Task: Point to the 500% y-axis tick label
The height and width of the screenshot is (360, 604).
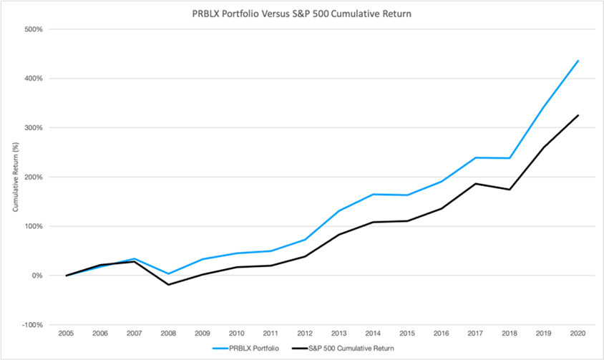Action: coord(34,29)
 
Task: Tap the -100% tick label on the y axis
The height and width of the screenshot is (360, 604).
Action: coord(32,325)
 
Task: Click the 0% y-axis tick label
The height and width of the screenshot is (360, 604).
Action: coord(37,276)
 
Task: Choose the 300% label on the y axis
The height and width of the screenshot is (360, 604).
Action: coord(34,128)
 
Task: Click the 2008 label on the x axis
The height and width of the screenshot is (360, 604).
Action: coord(168,334)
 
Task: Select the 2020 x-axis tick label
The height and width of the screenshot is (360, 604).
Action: coord(578,334)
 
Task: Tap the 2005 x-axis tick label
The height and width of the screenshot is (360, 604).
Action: coord(66,334)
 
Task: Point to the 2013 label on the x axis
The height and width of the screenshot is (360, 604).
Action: coord(339,334)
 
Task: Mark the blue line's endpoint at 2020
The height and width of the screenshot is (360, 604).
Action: coord(578,61)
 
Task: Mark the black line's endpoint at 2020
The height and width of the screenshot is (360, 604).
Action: coord(578,115)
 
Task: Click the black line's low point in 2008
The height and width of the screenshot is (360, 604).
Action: coord(168,285)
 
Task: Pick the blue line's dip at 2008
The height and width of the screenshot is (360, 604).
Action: coord(168,273)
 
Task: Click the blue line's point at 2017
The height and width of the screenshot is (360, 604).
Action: coord(476,157)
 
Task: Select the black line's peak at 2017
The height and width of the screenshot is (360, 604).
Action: coord(476,183)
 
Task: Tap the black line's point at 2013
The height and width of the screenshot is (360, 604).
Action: coord(339,235)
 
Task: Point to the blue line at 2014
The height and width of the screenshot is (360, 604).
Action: coord(374,194)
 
